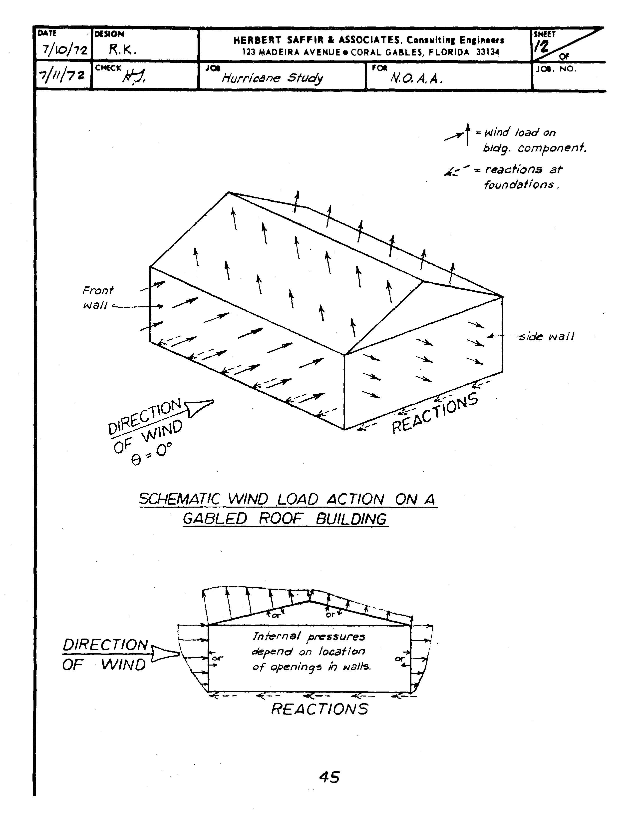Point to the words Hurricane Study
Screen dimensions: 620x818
272,78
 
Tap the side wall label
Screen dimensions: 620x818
546,336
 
